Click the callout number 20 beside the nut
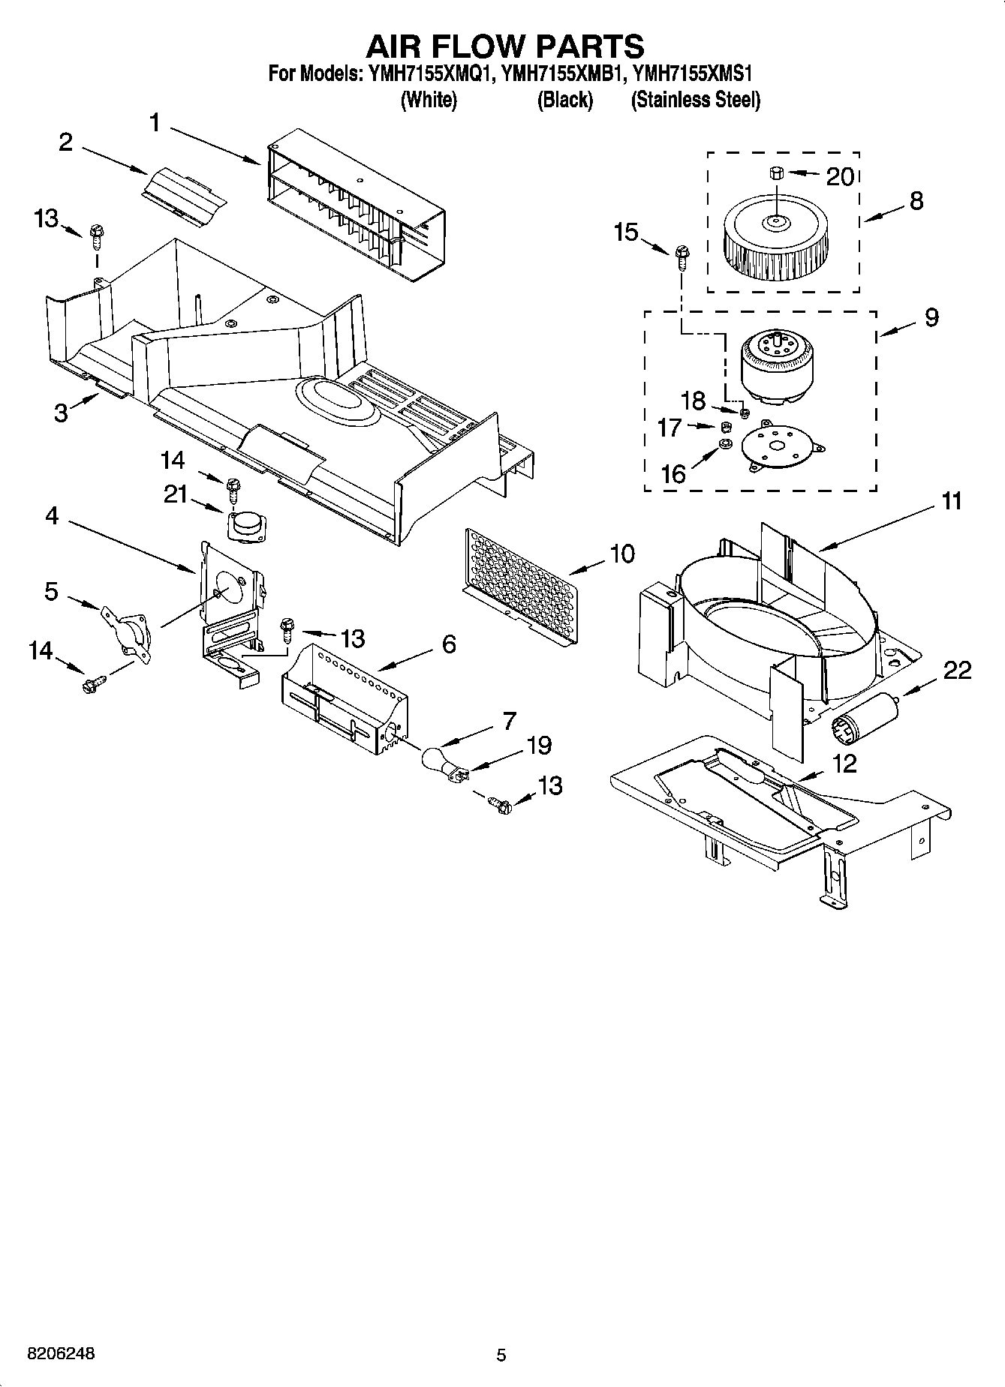pyautogui.click(x=840, y=176)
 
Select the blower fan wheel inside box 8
pyautogui.click(x=774, y=240)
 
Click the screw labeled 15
pyautogui.click(x=682, y=257)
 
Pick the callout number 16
pyautogui.click(x=673, y=473)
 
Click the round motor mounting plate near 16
pyautogui.click(x=781, y=447)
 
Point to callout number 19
pyautogui.click(x=538, y=745)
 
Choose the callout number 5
pyautogui.click(x=51, y=591)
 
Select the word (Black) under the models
pyautogui.click(x=564, y=100)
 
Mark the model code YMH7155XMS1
pyautogui.click(x=693, y=74)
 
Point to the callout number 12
pyautogui.click(x=844, y=764)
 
